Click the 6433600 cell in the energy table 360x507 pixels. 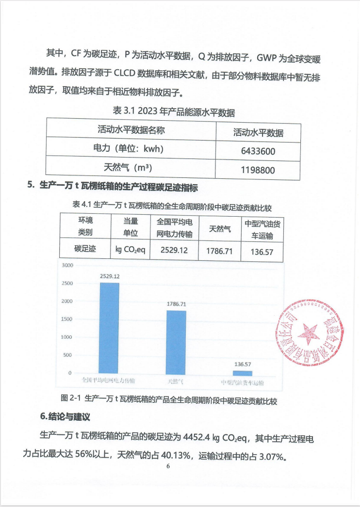(258, 151)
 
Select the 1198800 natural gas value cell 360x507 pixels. (258, 170)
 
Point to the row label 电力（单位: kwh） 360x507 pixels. (131, 149)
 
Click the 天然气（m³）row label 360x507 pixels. (131, 168)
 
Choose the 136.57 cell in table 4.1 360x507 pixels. (262, 252)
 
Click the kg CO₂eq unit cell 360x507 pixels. (130, 250)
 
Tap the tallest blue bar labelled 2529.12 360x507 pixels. (109, 328)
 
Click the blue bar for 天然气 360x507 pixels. (176, 342)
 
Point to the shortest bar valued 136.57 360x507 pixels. (242, 373)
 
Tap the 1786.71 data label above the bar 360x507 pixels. (177, 304)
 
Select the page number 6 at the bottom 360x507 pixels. (168, 466)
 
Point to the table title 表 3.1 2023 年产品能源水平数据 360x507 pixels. (174, 111)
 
